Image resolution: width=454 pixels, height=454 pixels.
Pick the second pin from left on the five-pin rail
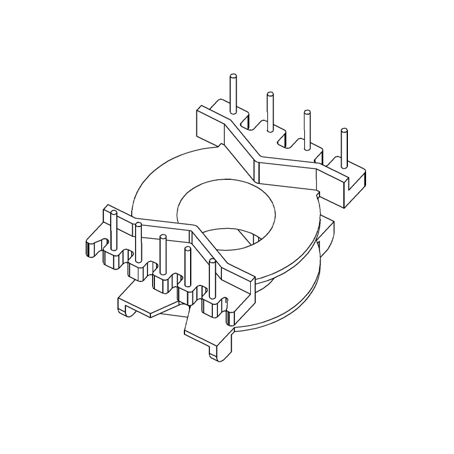138,241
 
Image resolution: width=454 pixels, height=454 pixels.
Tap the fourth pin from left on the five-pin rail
187,267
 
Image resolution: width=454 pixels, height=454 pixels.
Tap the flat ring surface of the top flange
165,187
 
